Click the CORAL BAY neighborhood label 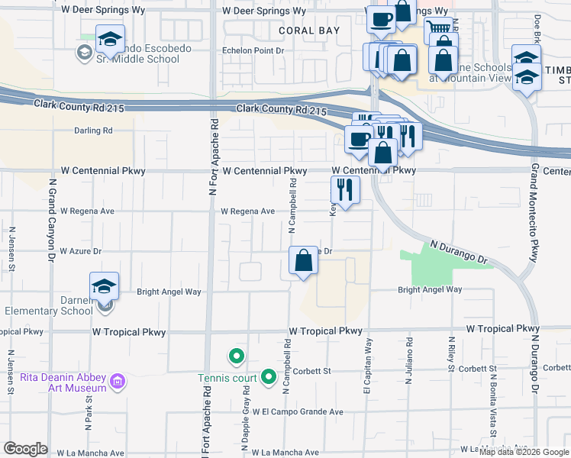click(x=309, y=31)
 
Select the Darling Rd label click(x=93, y=131)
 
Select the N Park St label click(x=89, y=408)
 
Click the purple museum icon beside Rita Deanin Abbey click(x=117, y=380)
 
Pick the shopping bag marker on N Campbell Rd click(x=304, y=260)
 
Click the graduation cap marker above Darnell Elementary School click(x=105, y=285)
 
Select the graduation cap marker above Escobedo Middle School click(x=110, y=38)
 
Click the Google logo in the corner click(x=26, y=449)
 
